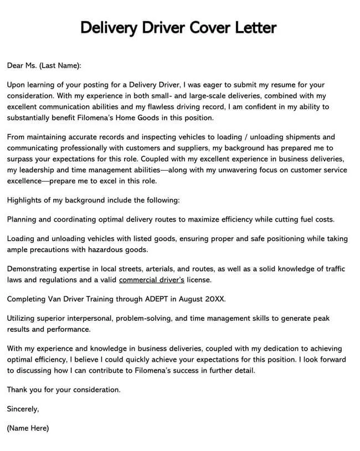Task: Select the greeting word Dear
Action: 15,65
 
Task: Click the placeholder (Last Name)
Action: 60,65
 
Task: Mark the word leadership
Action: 37,170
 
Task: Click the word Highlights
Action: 25,200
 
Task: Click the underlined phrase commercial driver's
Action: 152,280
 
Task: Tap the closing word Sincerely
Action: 23,409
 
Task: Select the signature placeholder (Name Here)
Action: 28,428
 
